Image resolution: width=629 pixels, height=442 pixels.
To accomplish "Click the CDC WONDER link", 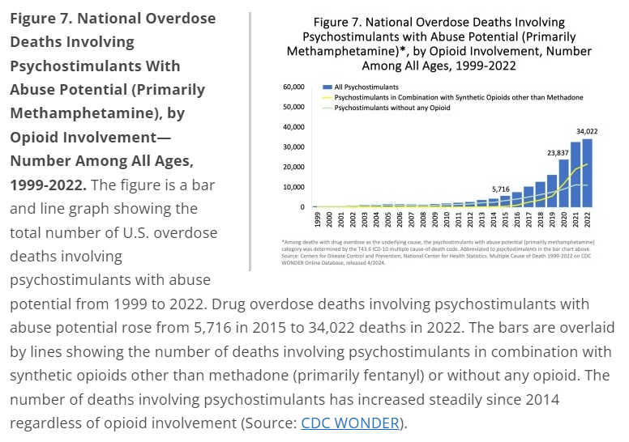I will pyautogui.click(x=351, y=423).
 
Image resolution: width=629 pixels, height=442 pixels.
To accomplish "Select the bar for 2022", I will pyautogui.click(x=587, y=173).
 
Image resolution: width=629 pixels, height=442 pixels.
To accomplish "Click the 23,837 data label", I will pyautogui.click(x=560, y=151).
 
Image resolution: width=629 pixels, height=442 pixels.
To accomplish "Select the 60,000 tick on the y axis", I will pyautogui.click(x=292, y=86).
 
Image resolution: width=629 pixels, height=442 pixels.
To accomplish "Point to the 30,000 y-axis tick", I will pyautogui.click(x=292, y=147).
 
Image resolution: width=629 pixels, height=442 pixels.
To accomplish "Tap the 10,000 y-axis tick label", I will pyautogui.click(x=292, y=187).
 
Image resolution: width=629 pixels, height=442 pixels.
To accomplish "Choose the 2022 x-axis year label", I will pyautogui.click(x=587, y=220).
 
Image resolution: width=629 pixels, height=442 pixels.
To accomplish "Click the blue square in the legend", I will pyautogui.click(x=326, y=86).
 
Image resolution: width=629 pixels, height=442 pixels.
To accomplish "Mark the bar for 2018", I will pyautogui.click(x=540, y=195).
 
